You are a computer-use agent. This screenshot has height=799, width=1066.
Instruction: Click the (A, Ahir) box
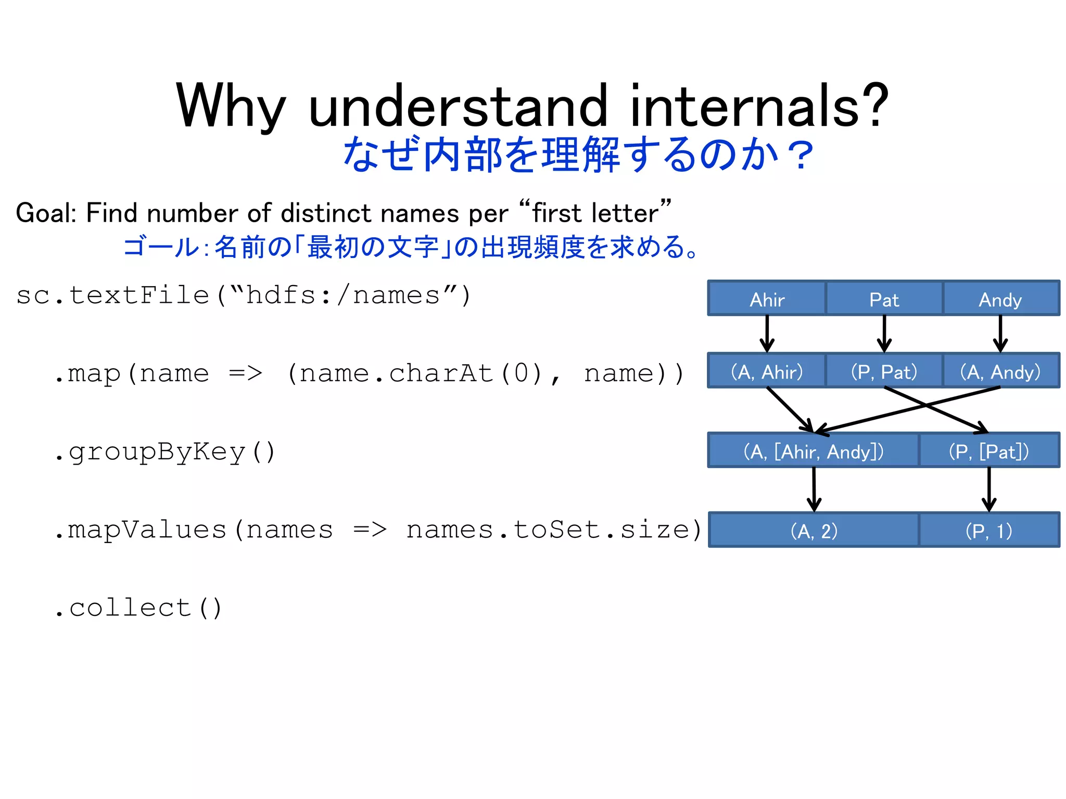[x=767, y=371]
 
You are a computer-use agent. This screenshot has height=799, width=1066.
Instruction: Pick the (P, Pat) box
[x=884, y=371]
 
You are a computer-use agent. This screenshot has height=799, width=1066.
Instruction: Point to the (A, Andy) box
[x=1000, y=371]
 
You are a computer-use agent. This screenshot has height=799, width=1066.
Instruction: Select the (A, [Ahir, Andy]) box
[x=813, y=450]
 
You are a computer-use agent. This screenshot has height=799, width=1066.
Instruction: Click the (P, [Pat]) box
[x=989, y=450]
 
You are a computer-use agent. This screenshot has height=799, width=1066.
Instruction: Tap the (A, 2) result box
[x=814, y=530]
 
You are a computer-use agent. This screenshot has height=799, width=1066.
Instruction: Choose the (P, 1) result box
[x=989, y=530]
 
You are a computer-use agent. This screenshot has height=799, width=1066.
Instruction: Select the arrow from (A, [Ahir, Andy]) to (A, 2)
[x=814, y=489]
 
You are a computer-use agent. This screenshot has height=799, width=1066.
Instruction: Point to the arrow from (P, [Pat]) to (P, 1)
[x=989, y=489]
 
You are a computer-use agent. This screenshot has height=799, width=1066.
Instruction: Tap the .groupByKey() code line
[x=164, y=452]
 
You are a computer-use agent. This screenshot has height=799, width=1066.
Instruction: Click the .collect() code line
[x=138, y=608]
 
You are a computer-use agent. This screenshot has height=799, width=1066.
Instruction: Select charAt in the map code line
[x=440, y=373]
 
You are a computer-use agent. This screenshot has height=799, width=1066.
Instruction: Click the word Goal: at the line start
[x=46, y=213]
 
